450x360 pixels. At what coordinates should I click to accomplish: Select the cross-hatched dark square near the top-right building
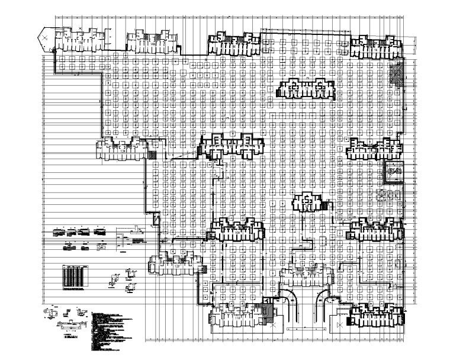[x=394, y=74]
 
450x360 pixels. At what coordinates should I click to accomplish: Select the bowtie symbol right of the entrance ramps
[x=339, y=326]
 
